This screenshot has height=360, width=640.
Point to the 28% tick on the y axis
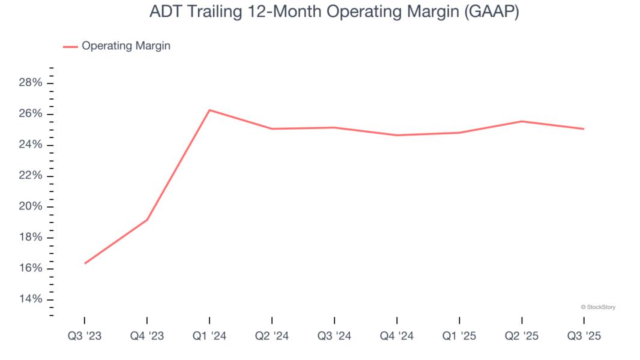[30, 83]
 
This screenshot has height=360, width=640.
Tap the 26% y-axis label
[30, 114]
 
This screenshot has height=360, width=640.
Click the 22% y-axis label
[30, 176]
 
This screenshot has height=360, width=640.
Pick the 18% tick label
[30, 238]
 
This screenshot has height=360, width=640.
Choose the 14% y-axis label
[30, 299]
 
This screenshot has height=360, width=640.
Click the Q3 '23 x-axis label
[85, 337]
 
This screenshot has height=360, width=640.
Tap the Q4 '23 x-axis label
[147, 337]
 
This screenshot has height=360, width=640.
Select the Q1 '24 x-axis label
[210, 337]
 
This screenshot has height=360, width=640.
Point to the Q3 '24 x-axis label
[334, 337]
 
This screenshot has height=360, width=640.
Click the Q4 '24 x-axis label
[397, 337]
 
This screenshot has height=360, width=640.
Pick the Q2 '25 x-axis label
[522, 337]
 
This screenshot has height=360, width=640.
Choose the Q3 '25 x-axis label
[584, 337]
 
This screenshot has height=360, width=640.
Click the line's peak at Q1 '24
[210, 110]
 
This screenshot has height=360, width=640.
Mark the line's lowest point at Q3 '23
[85, 263]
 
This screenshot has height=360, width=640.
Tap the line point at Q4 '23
[147, 220]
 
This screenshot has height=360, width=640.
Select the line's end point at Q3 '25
[584, 129]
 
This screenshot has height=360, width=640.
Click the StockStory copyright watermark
[598, 307]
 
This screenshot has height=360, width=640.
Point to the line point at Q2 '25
[522, 121]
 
